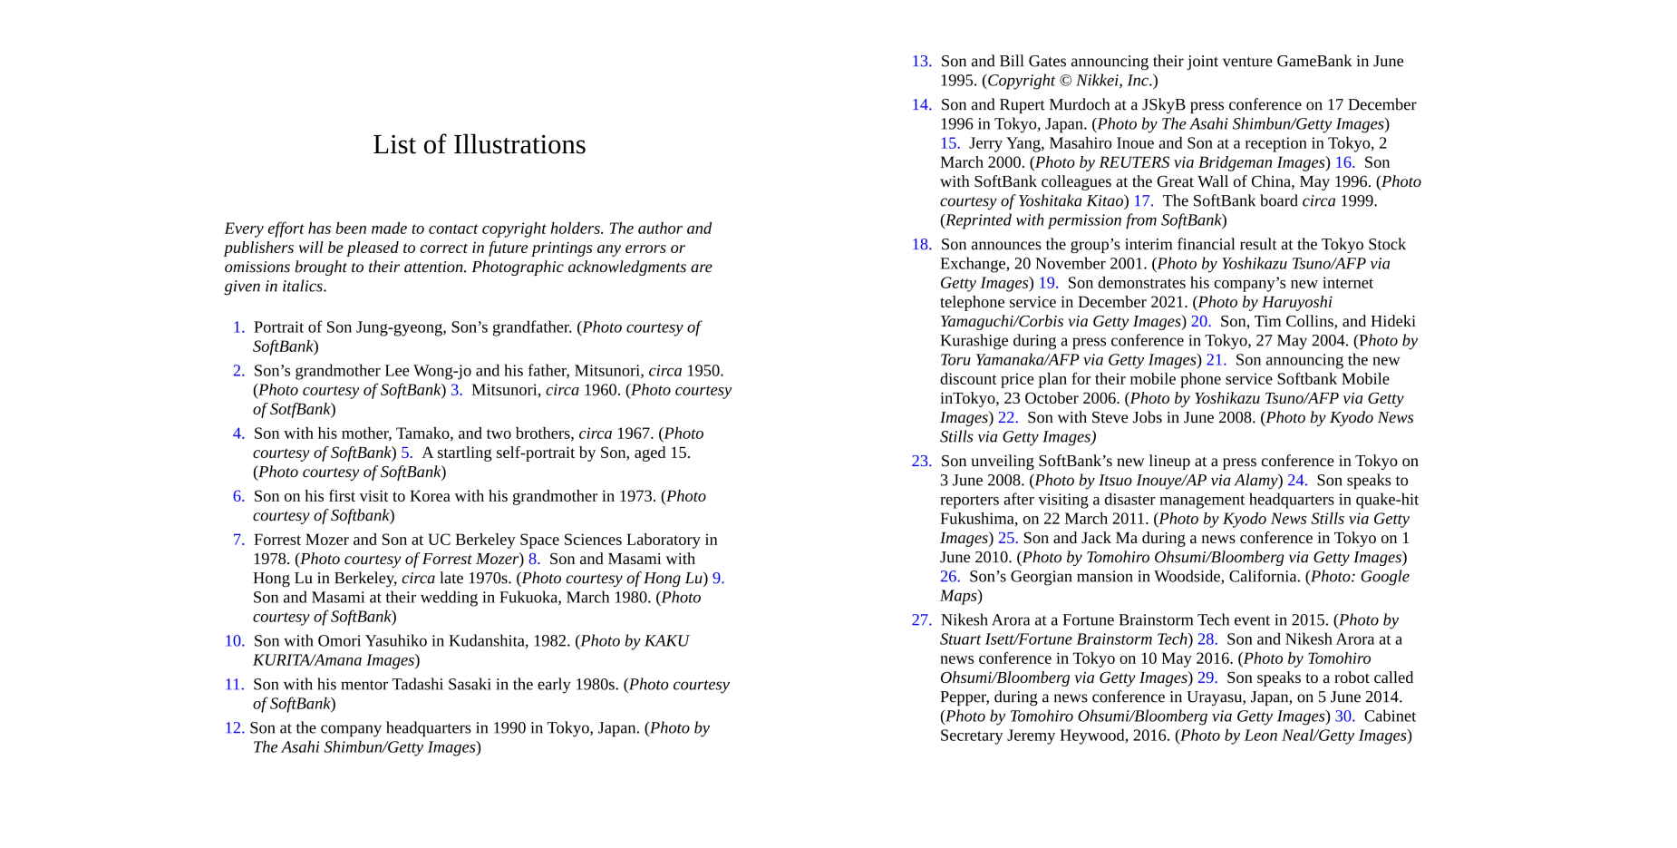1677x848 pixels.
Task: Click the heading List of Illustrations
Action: (479, 145)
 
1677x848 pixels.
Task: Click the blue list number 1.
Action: (238, 327)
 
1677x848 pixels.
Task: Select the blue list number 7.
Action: (238, 540)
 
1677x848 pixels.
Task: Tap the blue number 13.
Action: (921, 62)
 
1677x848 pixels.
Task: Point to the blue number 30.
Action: (1344, 716)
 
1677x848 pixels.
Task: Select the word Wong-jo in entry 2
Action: (444, 371)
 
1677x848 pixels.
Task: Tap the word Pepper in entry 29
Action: (963, 697)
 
